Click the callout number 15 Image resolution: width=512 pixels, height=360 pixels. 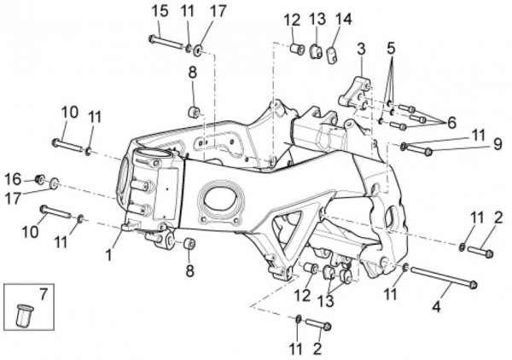click(160, 10)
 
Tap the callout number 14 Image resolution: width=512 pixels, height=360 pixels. click(344, 20)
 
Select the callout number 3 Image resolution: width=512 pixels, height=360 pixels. click(361, 49)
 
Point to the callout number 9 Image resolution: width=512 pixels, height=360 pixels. click(497, 144)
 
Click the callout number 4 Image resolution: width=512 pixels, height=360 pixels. click(436, 307)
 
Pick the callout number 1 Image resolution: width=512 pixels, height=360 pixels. click(108, 254)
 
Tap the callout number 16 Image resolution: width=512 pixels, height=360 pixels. click(13, 179)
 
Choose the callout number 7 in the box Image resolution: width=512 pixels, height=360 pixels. click(44, 293)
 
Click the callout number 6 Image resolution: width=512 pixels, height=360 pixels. click(451, 123)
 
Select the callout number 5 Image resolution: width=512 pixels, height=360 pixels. click(391, 49)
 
